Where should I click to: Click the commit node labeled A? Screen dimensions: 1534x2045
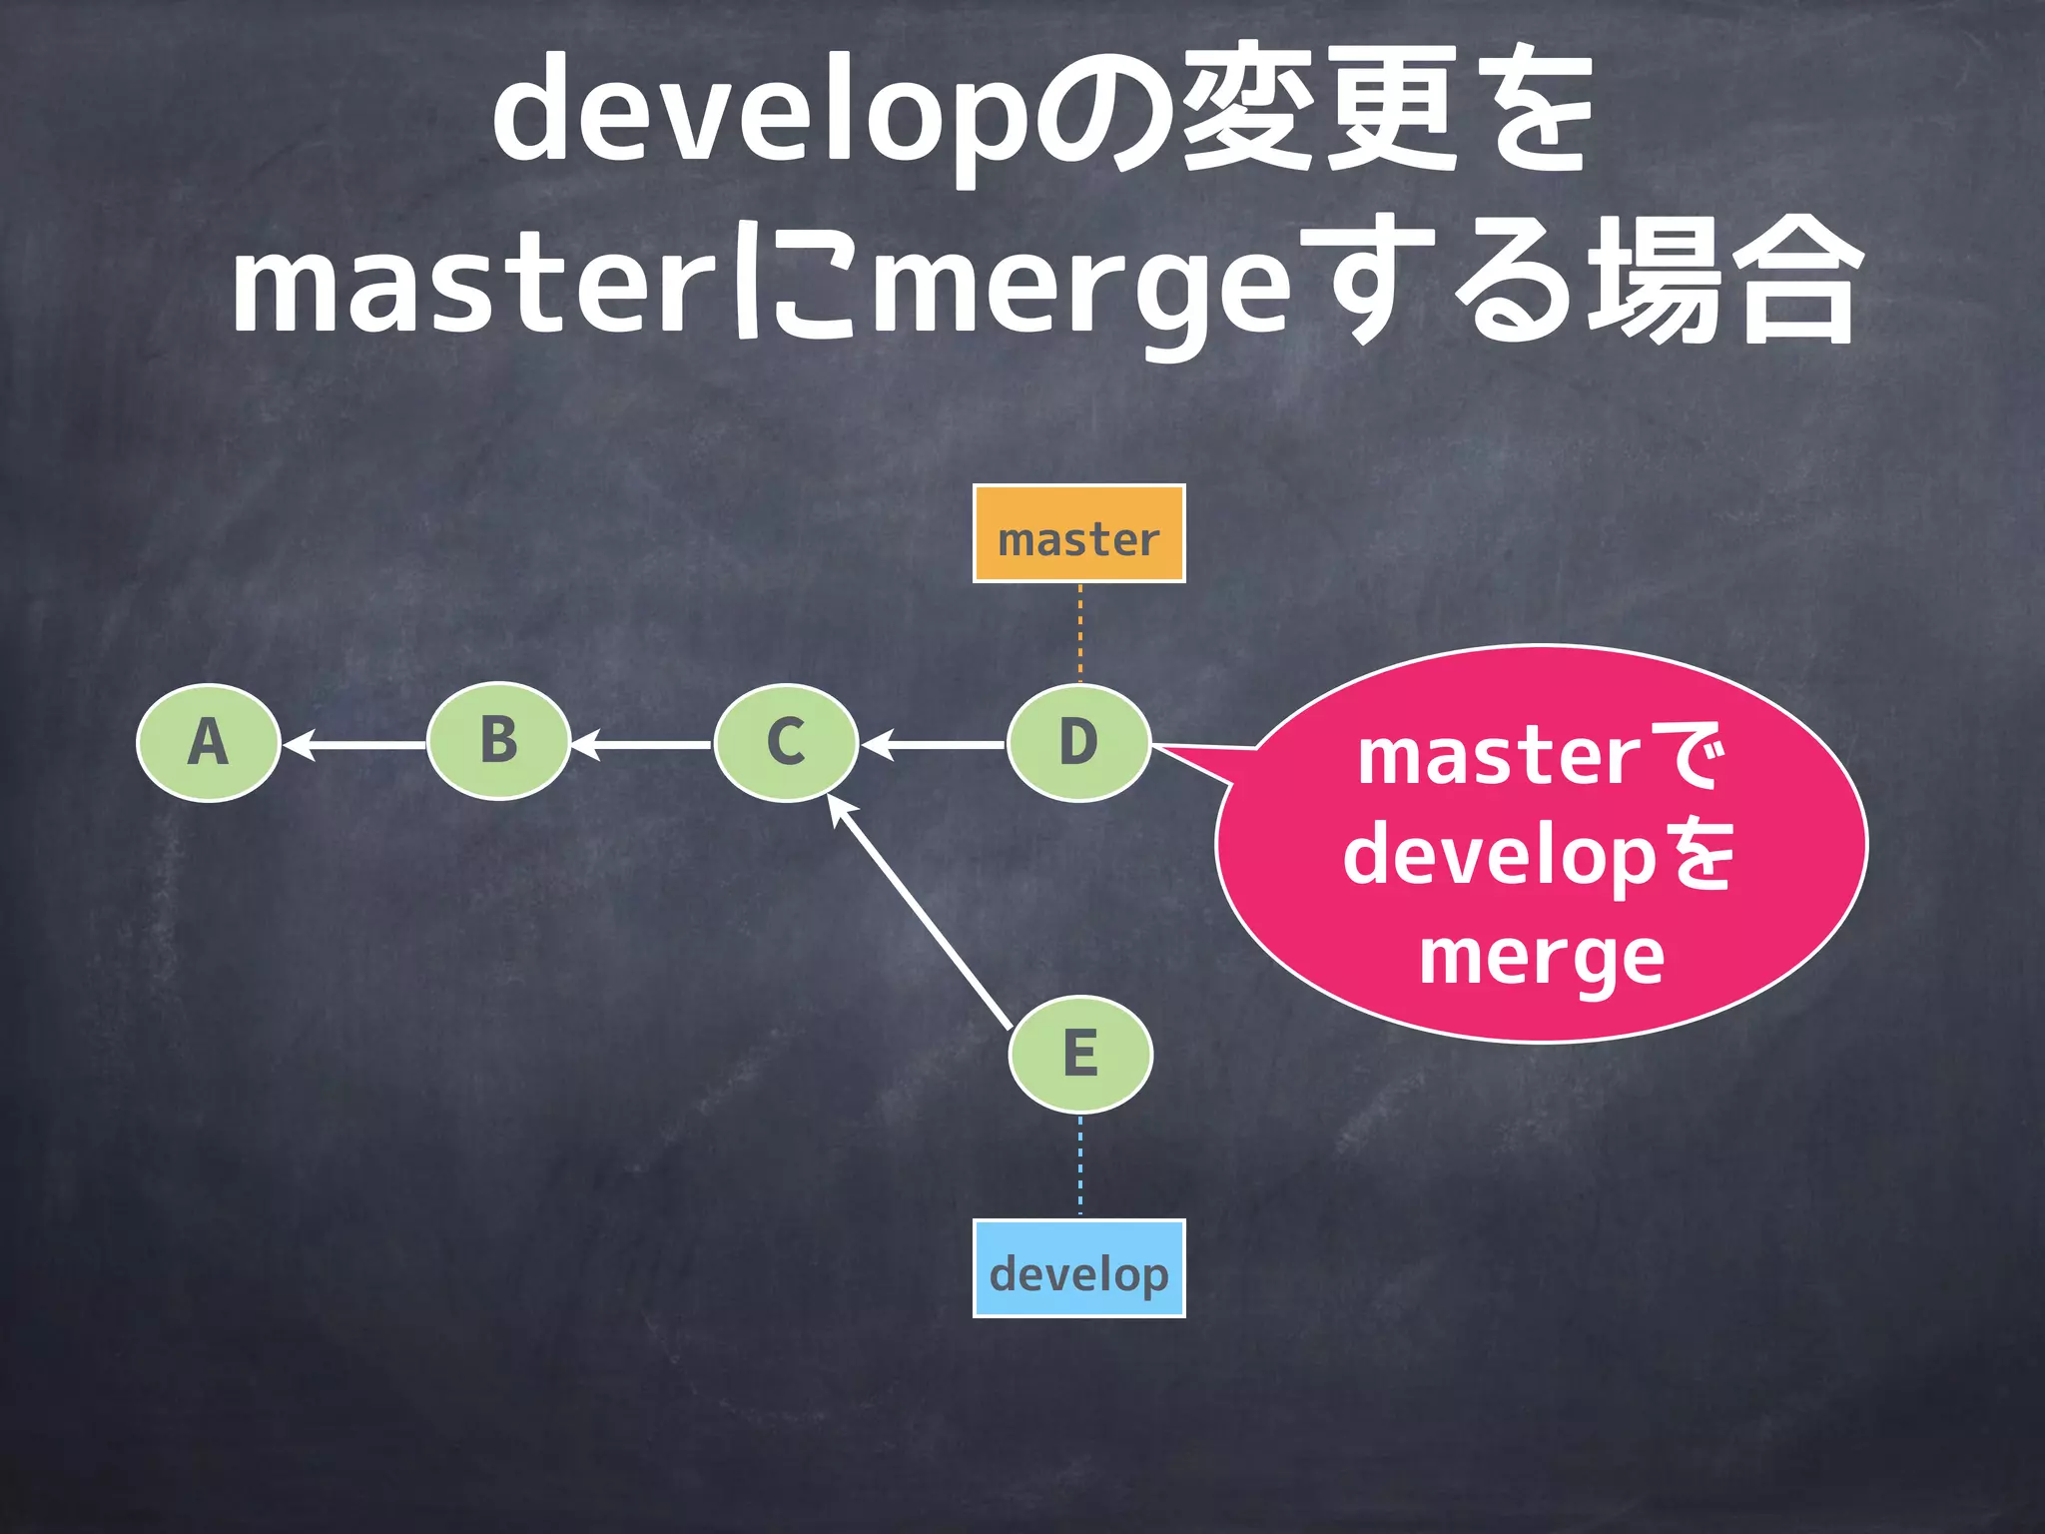tap(208, 743)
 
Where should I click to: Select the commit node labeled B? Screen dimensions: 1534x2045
tap(498, 741)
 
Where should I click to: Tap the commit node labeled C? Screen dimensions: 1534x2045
tap(786, 743)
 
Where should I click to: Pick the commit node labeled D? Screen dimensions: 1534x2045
tap(1078, 743)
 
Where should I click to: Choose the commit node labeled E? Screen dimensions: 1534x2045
tap(1080, 1054)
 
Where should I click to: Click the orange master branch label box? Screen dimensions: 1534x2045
tap(1078, 534)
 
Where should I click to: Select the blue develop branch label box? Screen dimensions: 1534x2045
tap(1078, 1268)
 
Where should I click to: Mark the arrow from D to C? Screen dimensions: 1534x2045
tap(933, 745)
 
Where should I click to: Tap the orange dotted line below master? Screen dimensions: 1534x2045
tap(1079, 633)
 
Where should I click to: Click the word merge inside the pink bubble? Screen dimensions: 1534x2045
tap(1541, 957)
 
